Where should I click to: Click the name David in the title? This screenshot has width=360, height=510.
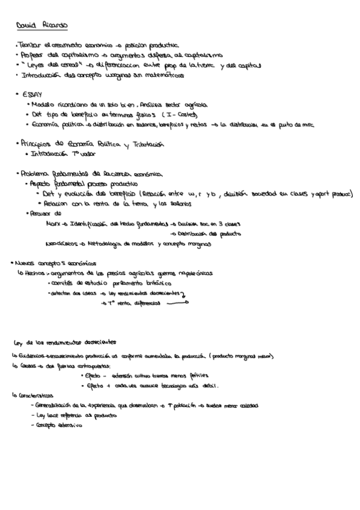pos(25,26)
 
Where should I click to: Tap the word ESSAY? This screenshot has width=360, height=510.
pos(32,94)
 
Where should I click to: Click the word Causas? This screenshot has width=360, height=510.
pos(26,365)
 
